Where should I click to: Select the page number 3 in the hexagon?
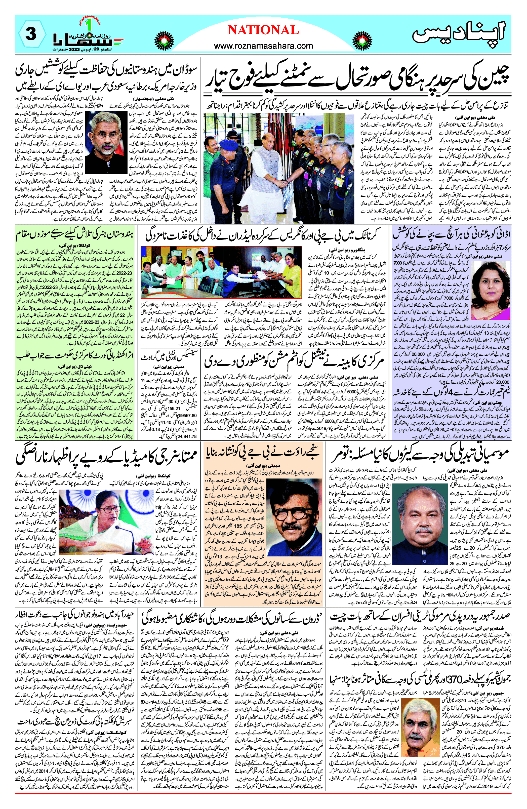31,34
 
